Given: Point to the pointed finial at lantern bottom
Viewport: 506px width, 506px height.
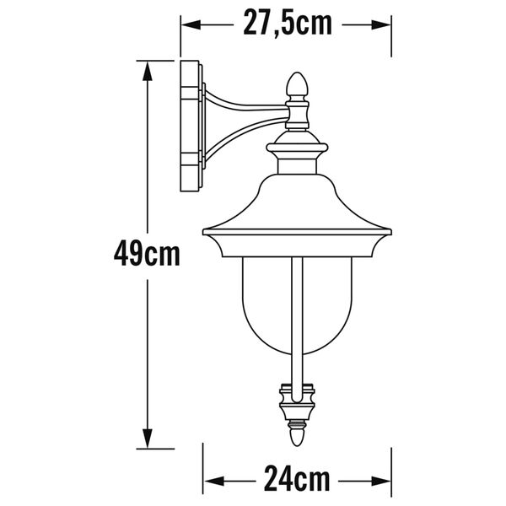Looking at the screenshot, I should (297, 438).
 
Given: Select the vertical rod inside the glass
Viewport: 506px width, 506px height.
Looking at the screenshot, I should (297, 320).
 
